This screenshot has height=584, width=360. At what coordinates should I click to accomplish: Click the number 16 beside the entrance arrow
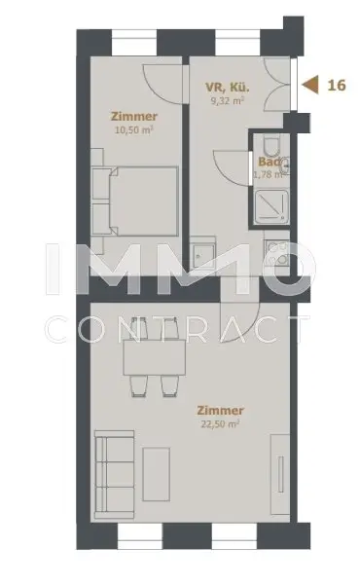click(x=338, y=85)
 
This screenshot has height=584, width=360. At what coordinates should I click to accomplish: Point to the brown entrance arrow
click(x=311, y=85)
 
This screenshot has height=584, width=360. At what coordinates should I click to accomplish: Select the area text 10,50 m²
click(x=133, y=129)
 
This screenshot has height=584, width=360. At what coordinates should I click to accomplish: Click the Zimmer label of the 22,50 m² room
click(x=221, y=410)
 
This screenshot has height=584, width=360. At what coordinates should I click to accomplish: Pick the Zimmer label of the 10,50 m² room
click(x=133, y=116)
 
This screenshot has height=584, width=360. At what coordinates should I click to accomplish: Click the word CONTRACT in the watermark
click(x=180, y=327)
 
